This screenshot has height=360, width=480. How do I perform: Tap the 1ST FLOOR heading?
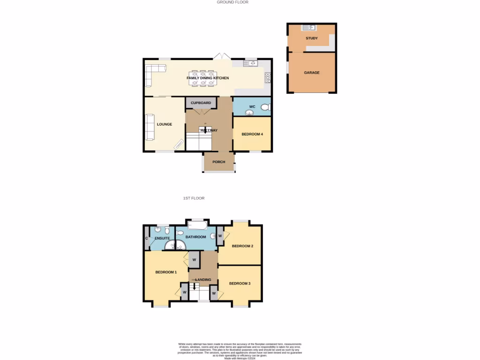194,198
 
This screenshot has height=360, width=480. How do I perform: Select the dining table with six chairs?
202,78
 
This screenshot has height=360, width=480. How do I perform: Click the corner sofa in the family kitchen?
153,73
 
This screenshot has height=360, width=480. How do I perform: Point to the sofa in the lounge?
150,127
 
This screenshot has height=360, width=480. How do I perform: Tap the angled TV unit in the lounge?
179,144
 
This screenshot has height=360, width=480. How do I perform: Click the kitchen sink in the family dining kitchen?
250,63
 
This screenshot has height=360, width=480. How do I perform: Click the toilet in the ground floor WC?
265,107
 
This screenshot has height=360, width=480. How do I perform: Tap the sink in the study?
309,28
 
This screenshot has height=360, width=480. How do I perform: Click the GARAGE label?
312,73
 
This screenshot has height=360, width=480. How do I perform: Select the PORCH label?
219,162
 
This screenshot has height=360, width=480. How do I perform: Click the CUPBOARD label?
201,103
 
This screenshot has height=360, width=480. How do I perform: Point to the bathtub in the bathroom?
197,226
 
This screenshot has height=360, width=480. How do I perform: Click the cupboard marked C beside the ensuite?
147,238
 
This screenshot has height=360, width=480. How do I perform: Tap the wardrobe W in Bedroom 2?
220,236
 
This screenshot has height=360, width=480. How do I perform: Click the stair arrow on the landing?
195,285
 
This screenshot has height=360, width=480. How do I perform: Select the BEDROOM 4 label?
252,135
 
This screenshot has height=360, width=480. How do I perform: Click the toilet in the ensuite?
158,229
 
